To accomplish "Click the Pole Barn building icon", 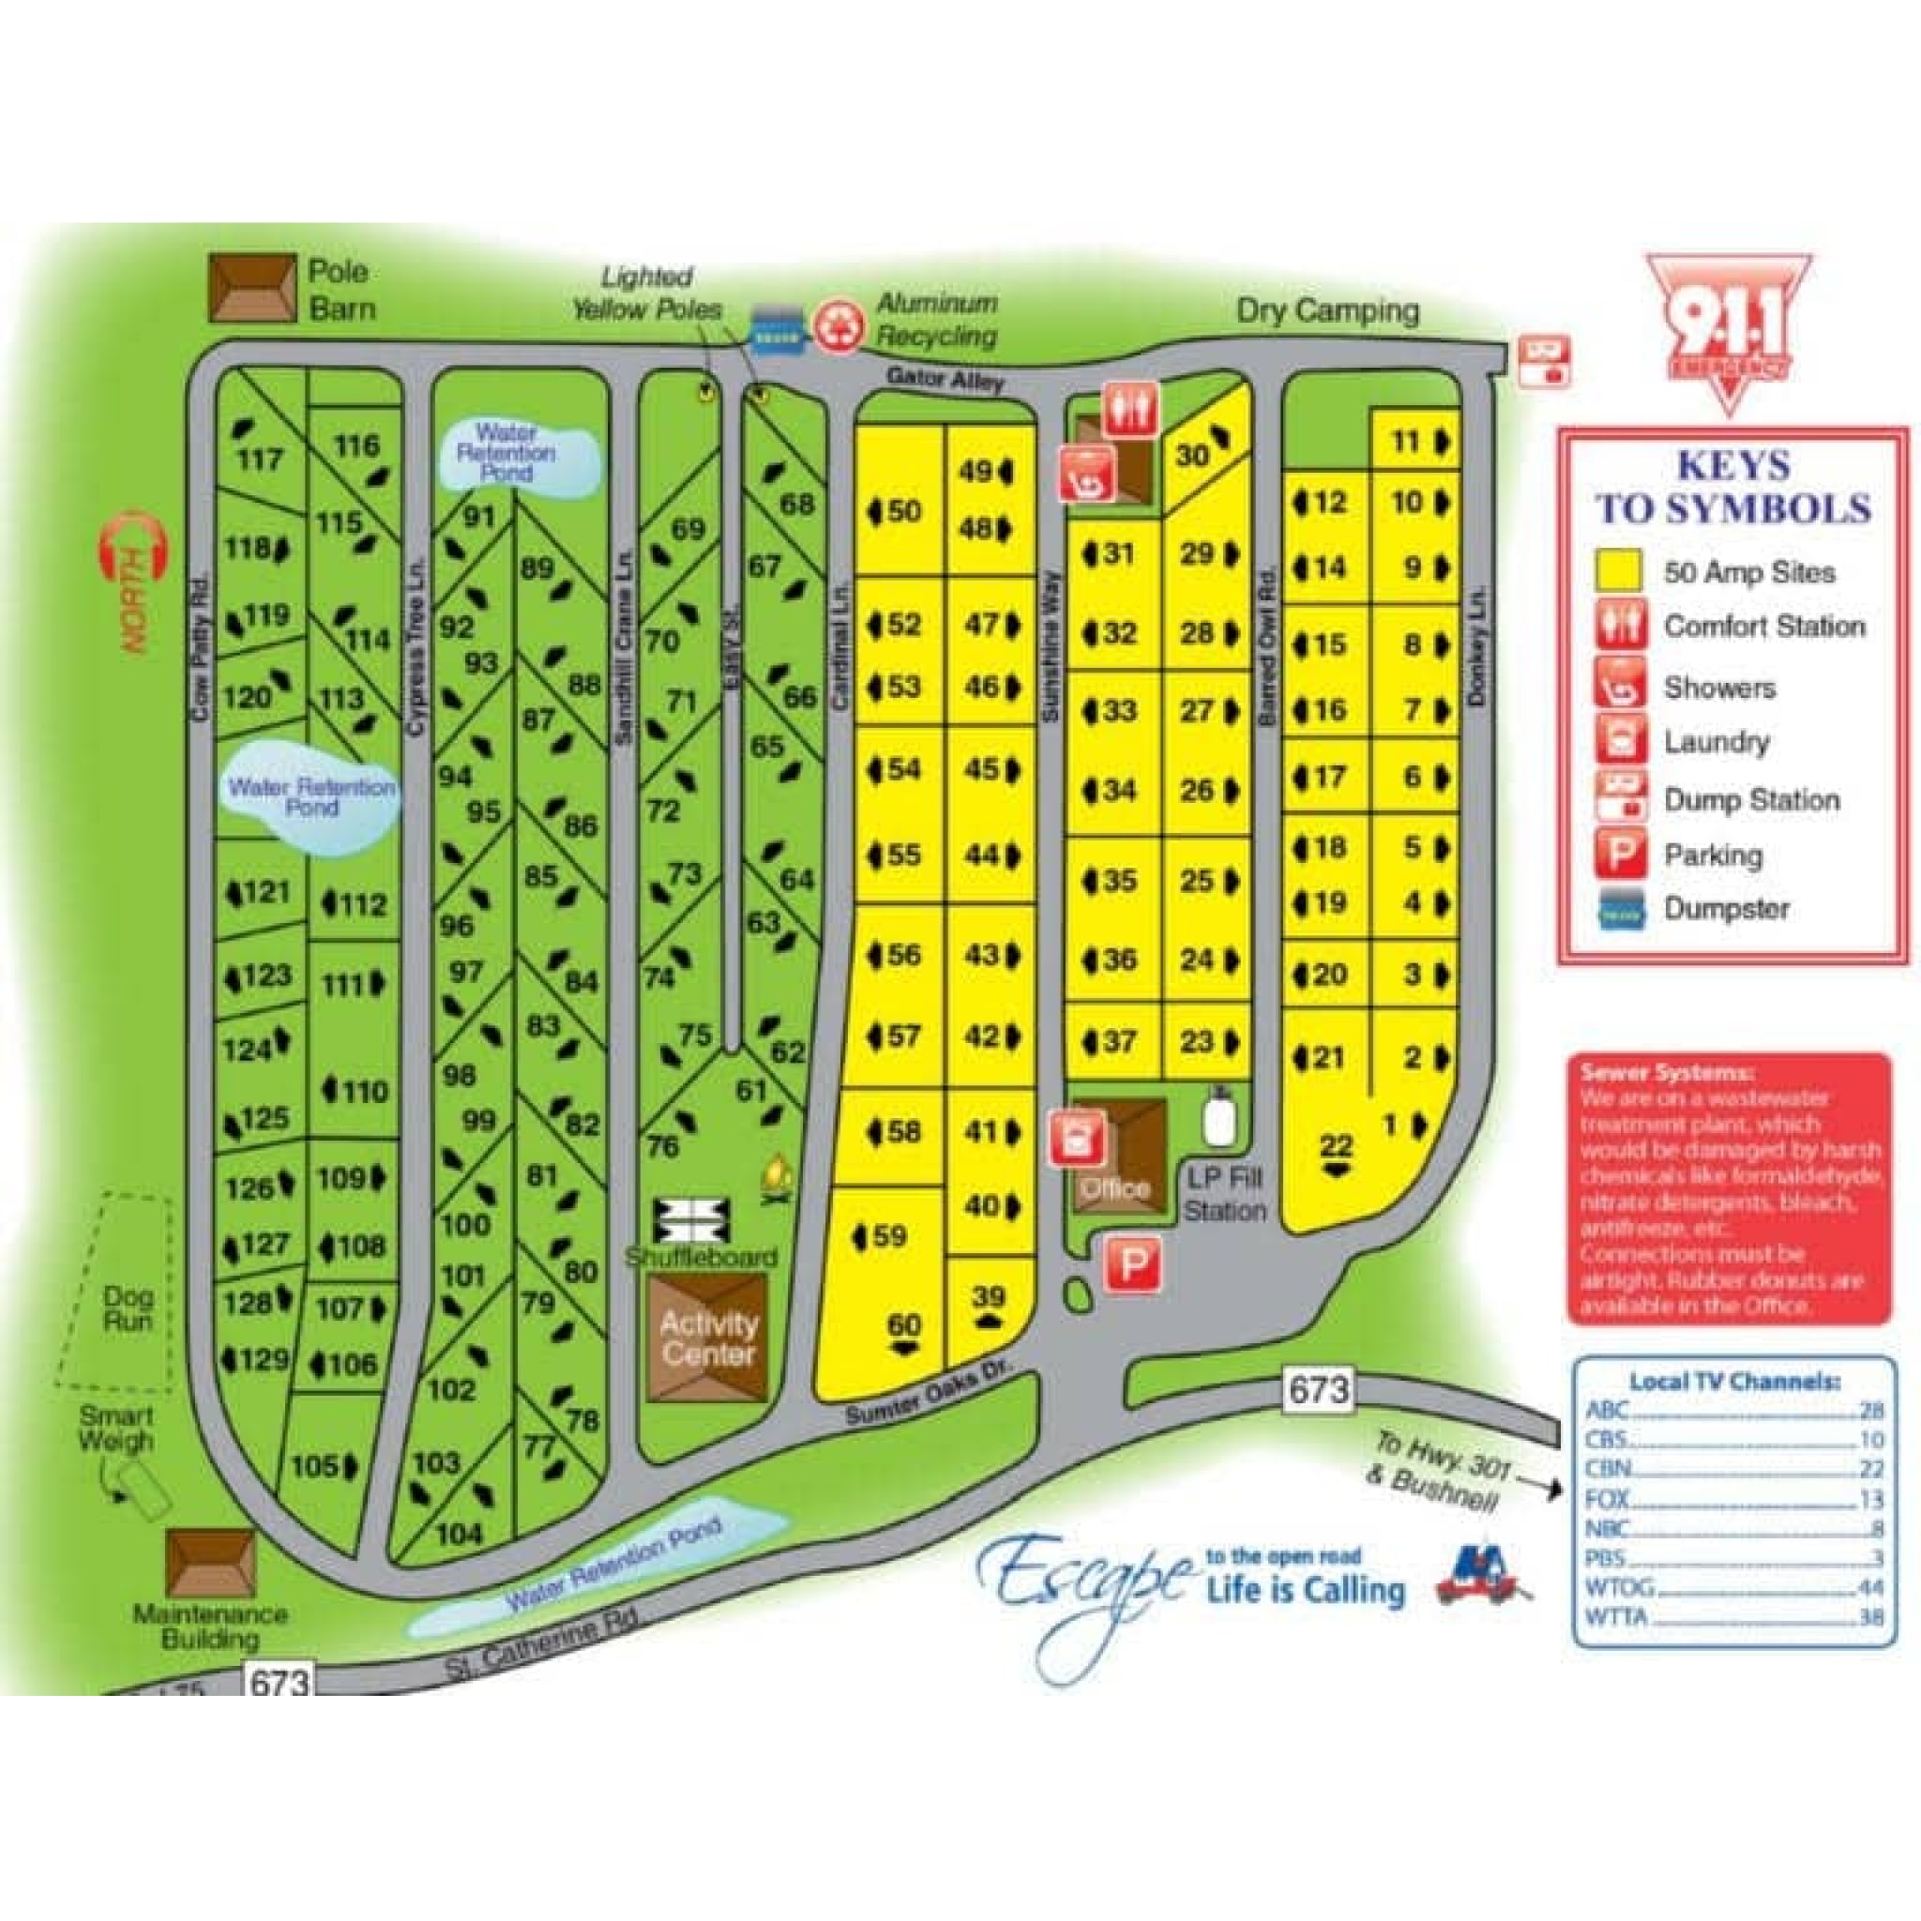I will click(251, 288).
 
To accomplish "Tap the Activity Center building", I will click(707, 1338).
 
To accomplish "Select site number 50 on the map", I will click(903, 511).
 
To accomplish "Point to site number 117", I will click(259, 459).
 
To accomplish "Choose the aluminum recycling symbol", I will click(838, 327).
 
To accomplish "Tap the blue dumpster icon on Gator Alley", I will click(777, 328).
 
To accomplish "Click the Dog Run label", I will click(129, 1308).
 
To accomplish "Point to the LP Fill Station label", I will click(1224, 1194).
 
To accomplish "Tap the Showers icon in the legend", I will click(1621, 686).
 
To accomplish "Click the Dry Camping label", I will click(1326, 311).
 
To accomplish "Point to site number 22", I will click(1336, 1146).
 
